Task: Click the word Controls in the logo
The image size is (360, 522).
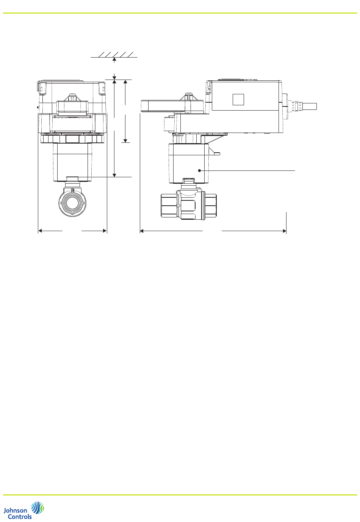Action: point(20,516)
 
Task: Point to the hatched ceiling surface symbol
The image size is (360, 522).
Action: point(114,55)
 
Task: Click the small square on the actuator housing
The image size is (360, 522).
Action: point(238,100)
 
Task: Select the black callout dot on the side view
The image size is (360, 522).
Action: point(199,170)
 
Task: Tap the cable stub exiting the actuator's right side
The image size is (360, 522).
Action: point(309,106)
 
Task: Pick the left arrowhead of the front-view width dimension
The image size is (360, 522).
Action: point(40,231)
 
